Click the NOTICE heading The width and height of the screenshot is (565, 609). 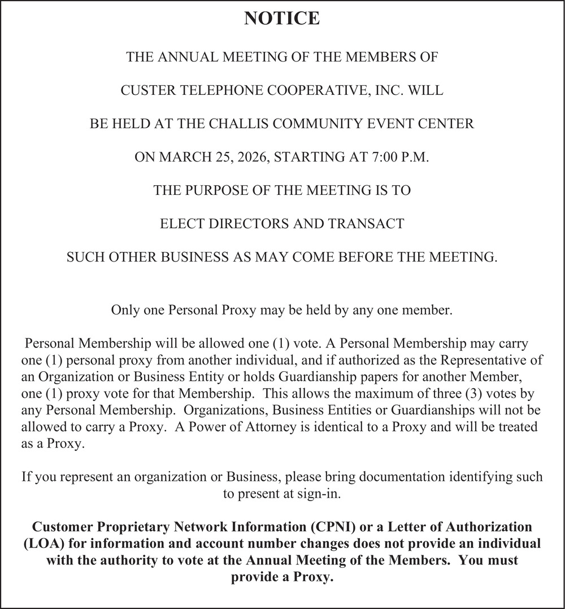coord(282,19)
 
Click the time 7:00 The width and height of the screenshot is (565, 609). coord(385,157)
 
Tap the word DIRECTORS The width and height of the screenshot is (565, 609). coord(246,224)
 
